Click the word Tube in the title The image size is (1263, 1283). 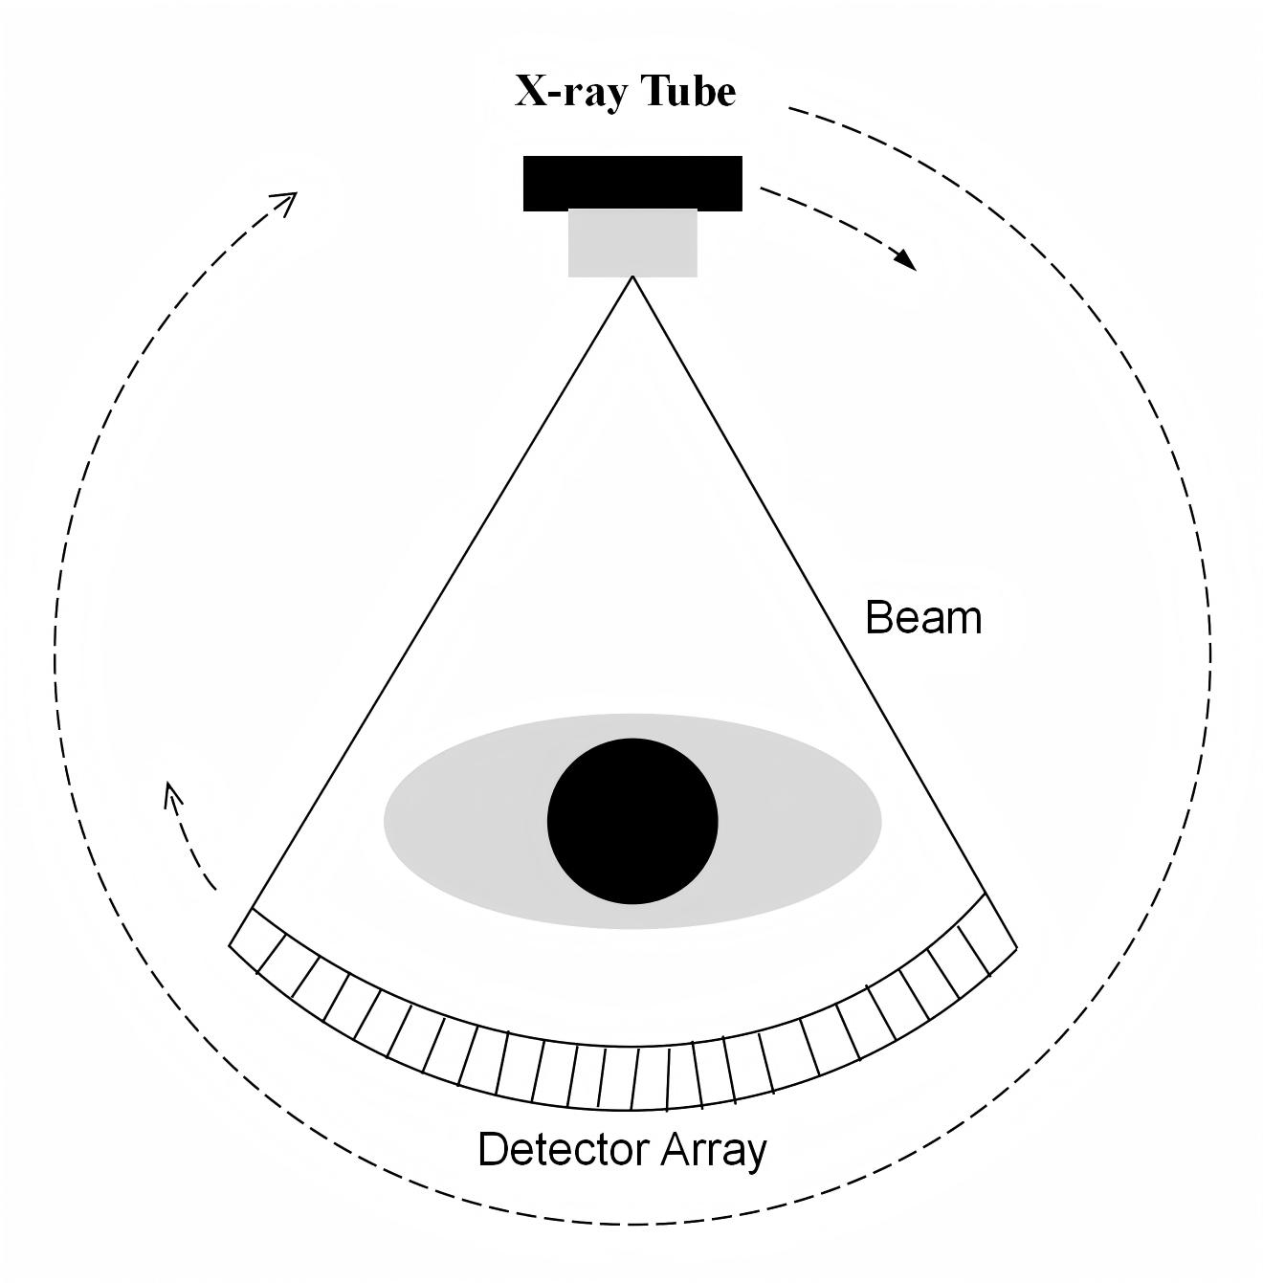coord(689,92)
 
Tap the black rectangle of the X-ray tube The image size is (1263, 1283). coord(632,183)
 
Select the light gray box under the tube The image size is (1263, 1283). coord(632,243)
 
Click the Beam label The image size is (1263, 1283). coord(923,618)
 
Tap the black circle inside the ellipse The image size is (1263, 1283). coord(632,821)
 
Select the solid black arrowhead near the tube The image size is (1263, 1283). coord(903,258)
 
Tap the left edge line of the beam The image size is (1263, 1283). coord(440,593)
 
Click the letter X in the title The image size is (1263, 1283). coord(529,92)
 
